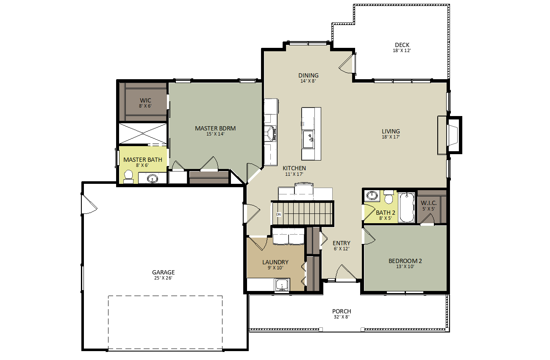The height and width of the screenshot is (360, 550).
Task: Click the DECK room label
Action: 402,45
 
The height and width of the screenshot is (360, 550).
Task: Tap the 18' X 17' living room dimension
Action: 391,137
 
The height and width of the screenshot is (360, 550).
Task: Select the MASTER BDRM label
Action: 215,128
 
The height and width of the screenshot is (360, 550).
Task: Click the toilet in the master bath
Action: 128,177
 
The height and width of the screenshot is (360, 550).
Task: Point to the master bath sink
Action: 153,178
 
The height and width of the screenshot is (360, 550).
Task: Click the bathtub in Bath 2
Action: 406,208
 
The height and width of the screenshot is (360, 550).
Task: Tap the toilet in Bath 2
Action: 389,197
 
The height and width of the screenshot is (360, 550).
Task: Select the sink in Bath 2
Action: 372,196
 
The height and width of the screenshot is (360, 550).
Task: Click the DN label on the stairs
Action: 278,214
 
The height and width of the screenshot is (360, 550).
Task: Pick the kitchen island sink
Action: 308,139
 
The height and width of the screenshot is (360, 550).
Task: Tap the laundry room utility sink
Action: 282,285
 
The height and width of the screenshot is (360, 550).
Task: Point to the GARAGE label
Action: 163,272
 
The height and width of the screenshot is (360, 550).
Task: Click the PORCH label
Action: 342,311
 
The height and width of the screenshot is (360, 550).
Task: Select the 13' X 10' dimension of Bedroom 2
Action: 405,266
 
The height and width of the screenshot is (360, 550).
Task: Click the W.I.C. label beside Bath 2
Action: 429,203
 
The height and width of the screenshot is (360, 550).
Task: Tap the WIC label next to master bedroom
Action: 145,100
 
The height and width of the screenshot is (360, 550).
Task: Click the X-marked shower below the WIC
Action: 143,133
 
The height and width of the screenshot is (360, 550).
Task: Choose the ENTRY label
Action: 341,243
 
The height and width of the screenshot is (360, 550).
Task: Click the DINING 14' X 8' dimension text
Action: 308,81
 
